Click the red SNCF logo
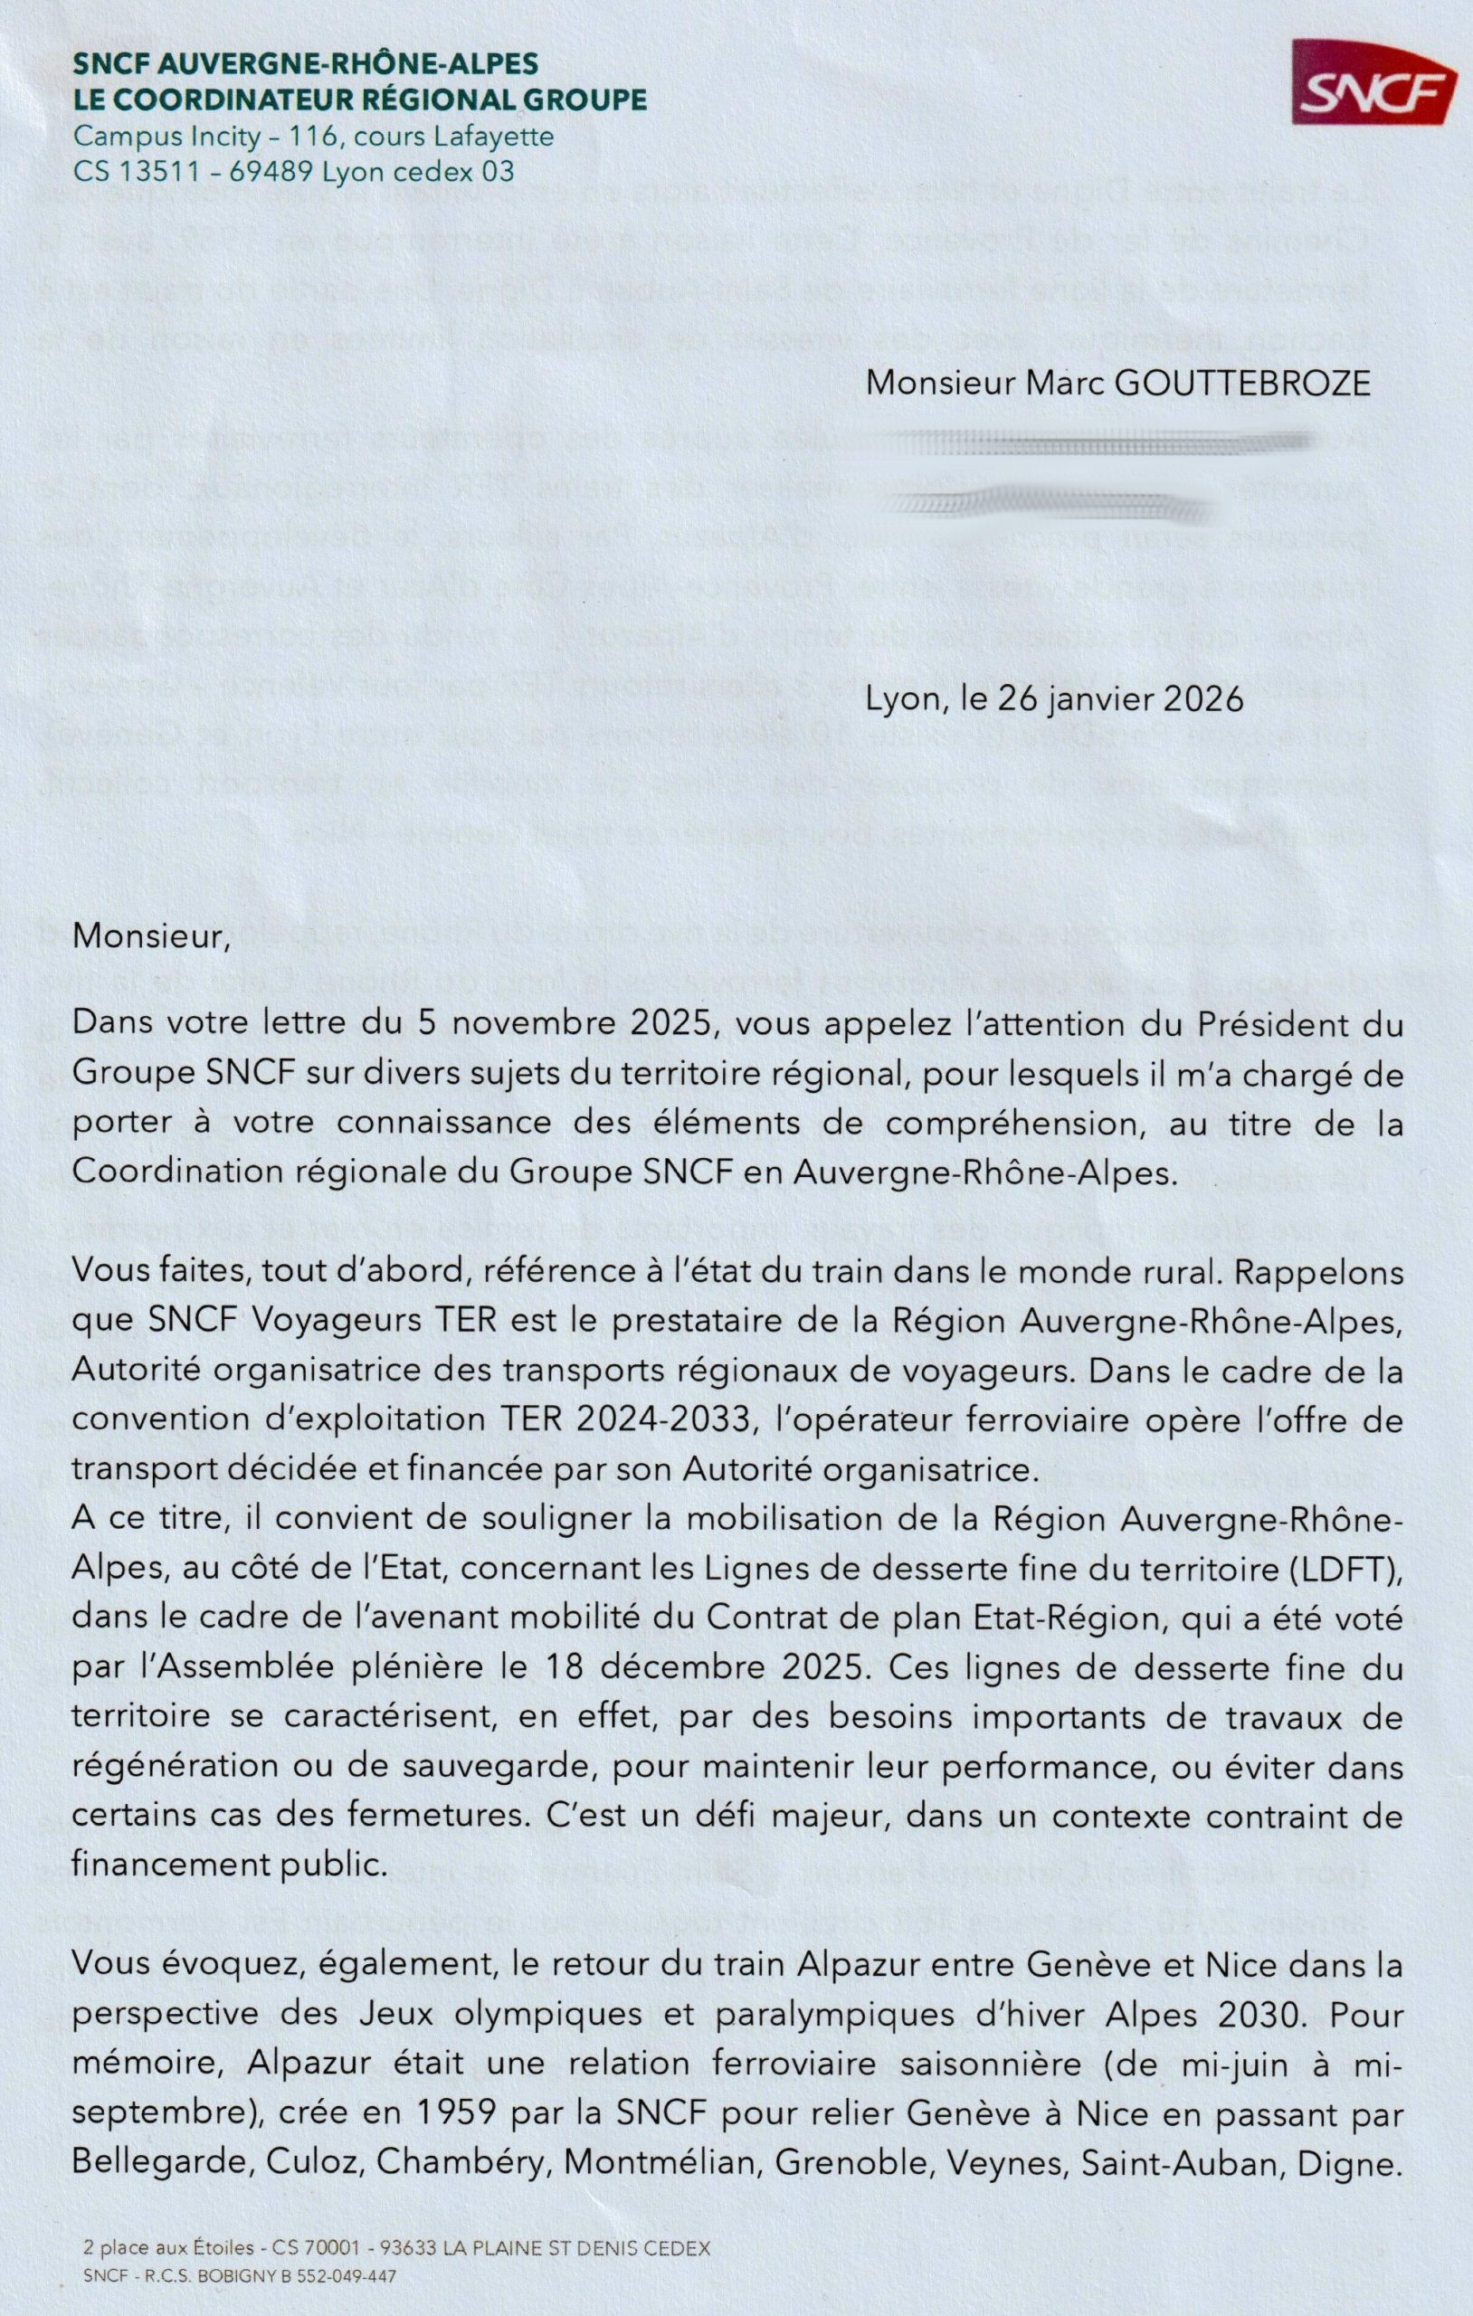click(1373, 82)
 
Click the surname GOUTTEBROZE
click(1242, 384)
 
